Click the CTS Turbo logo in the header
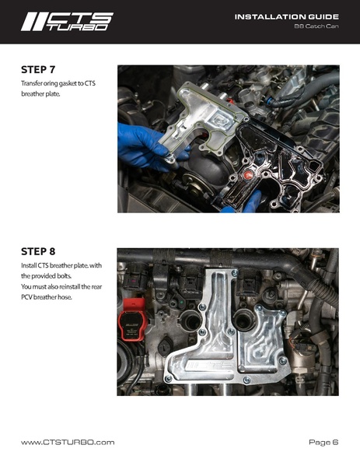(x=67, y=22)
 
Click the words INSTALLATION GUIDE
(x=287, y=16)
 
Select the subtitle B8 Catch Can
(x=316, y=26)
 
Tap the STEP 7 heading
(x=38, y=69)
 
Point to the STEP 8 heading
(x=38, y=251)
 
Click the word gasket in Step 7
(x=68, y=83)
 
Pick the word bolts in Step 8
(x=65, y=276)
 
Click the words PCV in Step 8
(x=26, y=297)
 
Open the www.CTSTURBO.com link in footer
(x=68, y=443)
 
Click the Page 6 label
(x=323, y=443)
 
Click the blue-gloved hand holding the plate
(x=149, y=146)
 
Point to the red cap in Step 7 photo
(x=247, y=175)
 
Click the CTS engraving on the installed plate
(x=209, y=365)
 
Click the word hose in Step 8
(x=65, y=297)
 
